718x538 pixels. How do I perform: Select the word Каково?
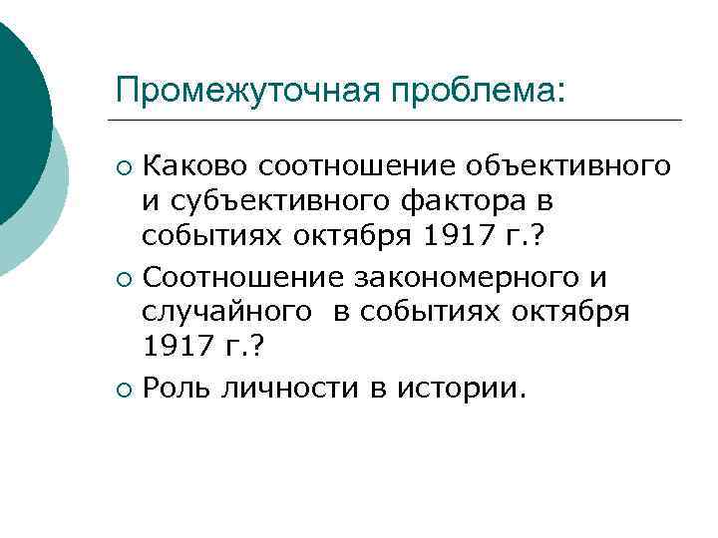(x=195, y=163)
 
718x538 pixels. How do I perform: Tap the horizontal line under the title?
(x=399, y=121)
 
